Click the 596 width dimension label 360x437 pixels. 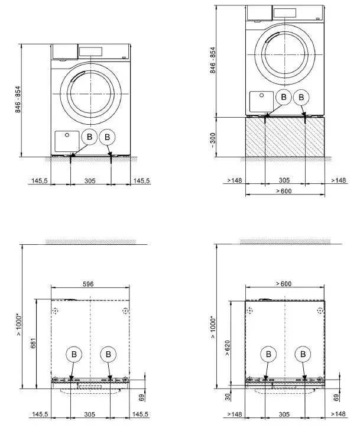(x=88, y=284)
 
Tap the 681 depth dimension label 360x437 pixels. (x=33, y=344)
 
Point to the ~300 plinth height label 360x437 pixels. (x=213, y=140)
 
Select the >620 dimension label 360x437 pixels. (x=228, y=348)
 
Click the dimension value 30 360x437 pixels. (x=228, y=397)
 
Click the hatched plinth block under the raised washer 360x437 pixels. (x=285, y=137)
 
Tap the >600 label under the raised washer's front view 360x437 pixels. (x=284, y=191)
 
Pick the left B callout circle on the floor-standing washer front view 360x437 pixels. (x=89, y=137)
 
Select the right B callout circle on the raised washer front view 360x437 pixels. (x=301, y=97)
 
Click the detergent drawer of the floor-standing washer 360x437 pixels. (x=65, y=51)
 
